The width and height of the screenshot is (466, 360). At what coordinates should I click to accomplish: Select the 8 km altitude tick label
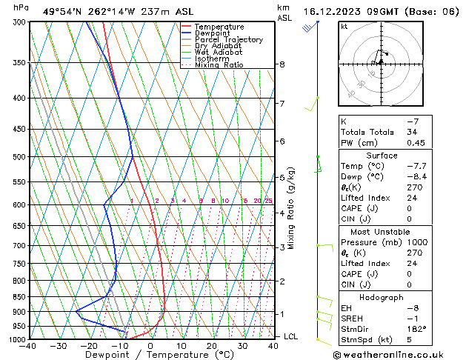coord(282,64)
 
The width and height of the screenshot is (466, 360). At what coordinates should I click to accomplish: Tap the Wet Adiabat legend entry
coord(219,53)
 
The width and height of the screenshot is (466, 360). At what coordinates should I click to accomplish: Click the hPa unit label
coord(21,7)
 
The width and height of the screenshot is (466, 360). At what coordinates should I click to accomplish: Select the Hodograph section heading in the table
coord(383,297)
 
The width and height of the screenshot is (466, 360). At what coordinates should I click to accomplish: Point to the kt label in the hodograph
coord(344,27)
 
